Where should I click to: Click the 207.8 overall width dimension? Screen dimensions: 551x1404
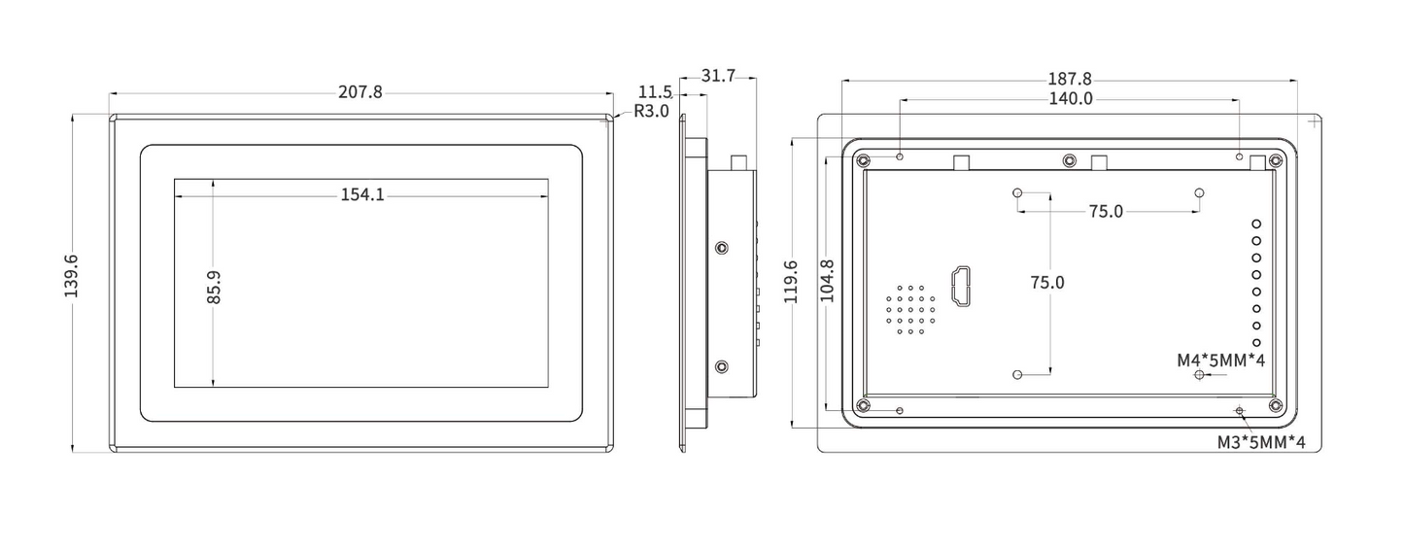click(360, 92)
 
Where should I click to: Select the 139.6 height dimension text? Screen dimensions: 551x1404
click(72, 276)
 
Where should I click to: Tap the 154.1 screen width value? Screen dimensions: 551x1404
click(361, 194)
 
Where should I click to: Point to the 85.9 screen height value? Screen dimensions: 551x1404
click(214, 288)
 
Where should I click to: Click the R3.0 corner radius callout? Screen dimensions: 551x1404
click(651, 111)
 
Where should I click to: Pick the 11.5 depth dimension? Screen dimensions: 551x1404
click(655, 92)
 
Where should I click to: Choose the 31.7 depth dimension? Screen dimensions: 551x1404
click(717, 76)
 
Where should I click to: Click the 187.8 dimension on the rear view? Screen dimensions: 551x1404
click(1070, 79)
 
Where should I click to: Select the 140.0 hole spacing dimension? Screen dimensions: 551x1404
click(1070, 98)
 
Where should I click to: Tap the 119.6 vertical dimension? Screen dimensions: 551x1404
click(791, 282)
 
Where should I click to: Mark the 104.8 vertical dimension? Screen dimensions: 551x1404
click(827, 281)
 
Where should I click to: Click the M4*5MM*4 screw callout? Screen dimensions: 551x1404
click(1220, 361)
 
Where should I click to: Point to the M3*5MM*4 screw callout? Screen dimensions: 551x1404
click(1261, 442)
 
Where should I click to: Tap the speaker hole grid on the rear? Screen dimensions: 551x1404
click(909, 310)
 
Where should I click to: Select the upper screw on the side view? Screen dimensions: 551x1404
click(721, 248)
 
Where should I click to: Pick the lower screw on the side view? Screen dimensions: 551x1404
click(721, 366)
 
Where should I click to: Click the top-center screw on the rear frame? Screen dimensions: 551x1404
click(1069, 160)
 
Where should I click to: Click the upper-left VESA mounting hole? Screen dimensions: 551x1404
click(1017, 192)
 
